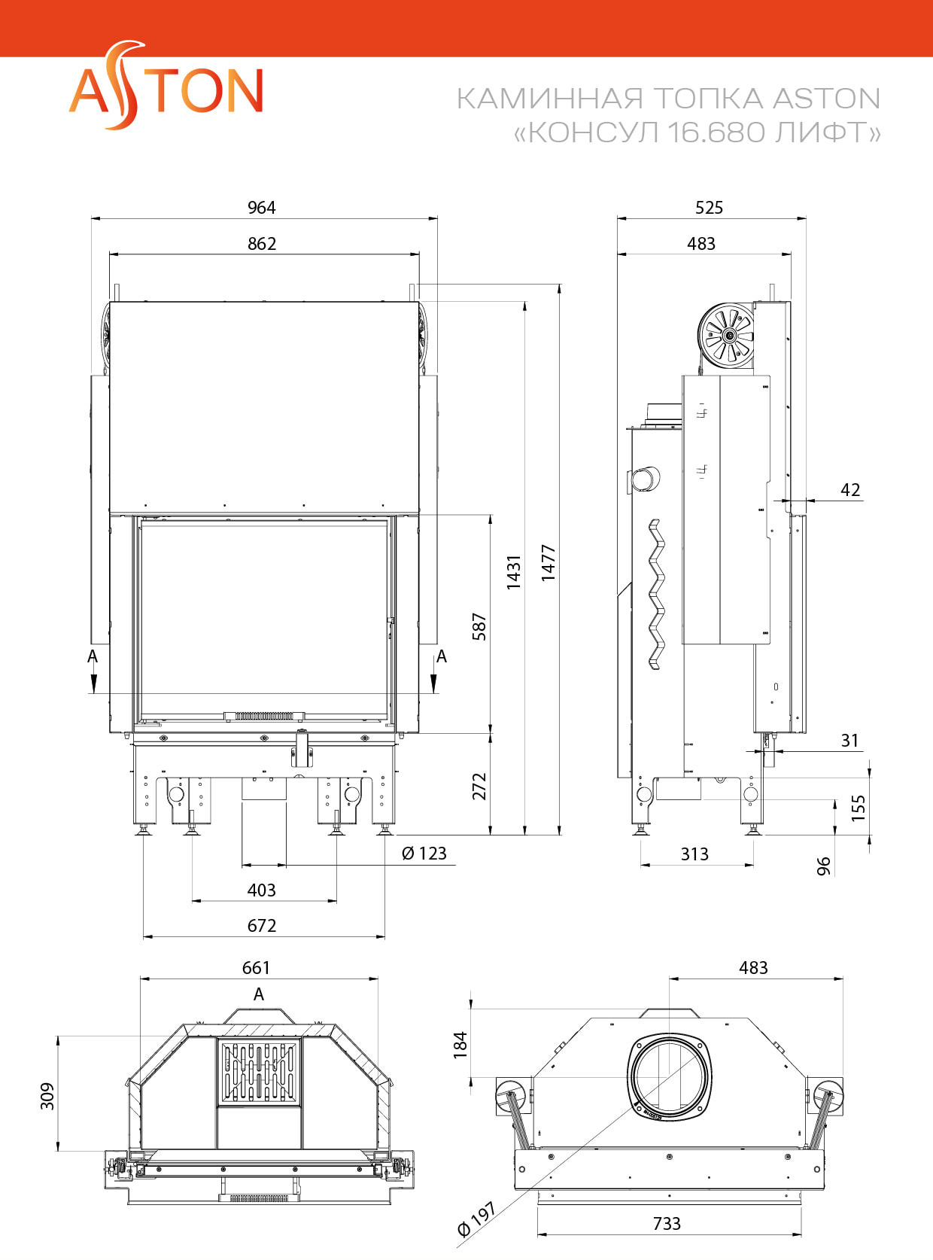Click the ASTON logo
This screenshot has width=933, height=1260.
pyautogui.click(x=166, y=88)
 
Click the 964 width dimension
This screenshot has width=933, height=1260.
pyautogui.click(x=262, y=208)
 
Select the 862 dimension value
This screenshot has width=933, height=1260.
pyautogui.click(x=262, y=244)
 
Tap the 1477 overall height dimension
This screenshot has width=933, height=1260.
pyautogui.click(x=549, y=562)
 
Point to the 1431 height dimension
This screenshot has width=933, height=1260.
pyautogui.click(x=514, y=572)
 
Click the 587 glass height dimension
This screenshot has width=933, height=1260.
pyautogui.click(x=479, y=626)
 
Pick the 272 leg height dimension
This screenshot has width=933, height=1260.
pyautogui.click(x=479, y=786)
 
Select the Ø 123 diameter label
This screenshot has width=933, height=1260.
pyautogui.click(x=424, y=854)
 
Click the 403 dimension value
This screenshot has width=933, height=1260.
pyautogui.click(x=262, y=890)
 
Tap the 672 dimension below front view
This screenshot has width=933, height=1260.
pyautogui.click(x=262, y=926)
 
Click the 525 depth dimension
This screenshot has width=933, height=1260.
pyautogui.click(x=709, y=208)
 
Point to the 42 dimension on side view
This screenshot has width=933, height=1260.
pyautogui.click(x=850, y=490)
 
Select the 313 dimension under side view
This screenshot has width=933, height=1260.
pyautogui.click(x=694, y=854)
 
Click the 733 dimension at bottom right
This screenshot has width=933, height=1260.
pyautogui.click(x=667, y=1224)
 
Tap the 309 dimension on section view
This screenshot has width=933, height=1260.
pyautogui.click(x=47, y=1096)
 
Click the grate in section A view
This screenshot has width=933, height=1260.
pyautogui.click(x=259, y=1073)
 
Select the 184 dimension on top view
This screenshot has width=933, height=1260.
pyautogui.click(x=460, y=1045)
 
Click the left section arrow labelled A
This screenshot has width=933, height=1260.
pyautogui.click(x=93, y=669)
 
